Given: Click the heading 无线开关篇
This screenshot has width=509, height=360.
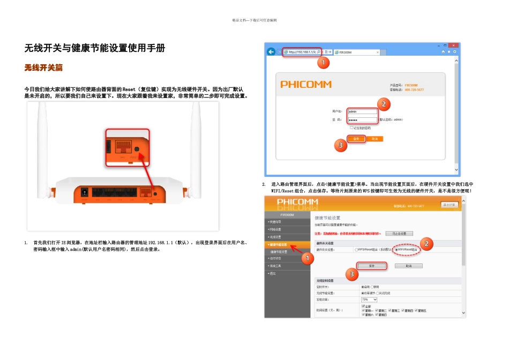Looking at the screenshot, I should click(44, 68).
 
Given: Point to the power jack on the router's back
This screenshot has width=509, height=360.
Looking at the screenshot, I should click(84, 191).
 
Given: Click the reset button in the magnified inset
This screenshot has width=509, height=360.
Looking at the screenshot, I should click(137, 150).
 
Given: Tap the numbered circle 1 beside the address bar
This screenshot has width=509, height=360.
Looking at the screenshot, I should click(323, 63).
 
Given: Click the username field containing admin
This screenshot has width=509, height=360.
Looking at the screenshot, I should click(362, 112).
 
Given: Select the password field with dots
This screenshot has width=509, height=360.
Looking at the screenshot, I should click(362, 119).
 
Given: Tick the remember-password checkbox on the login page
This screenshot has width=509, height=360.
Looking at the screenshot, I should click(352, 128).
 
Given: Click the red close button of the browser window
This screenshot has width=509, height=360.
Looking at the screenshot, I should click(454, 46).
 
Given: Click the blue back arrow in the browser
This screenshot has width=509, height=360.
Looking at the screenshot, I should click(272, 52).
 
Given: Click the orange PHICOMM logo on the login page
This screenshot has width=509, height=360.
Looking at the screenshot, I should click(306, 85).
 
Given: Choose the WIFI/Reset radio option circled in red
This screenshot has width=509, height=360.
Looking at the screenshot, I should click(396, 250).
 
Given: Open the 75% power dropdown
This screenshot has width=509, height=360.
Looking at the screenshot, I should click(369, 299).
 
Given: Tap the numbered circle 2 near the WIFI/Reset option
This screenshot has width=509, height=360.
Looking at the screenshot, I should click(426, 243).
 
